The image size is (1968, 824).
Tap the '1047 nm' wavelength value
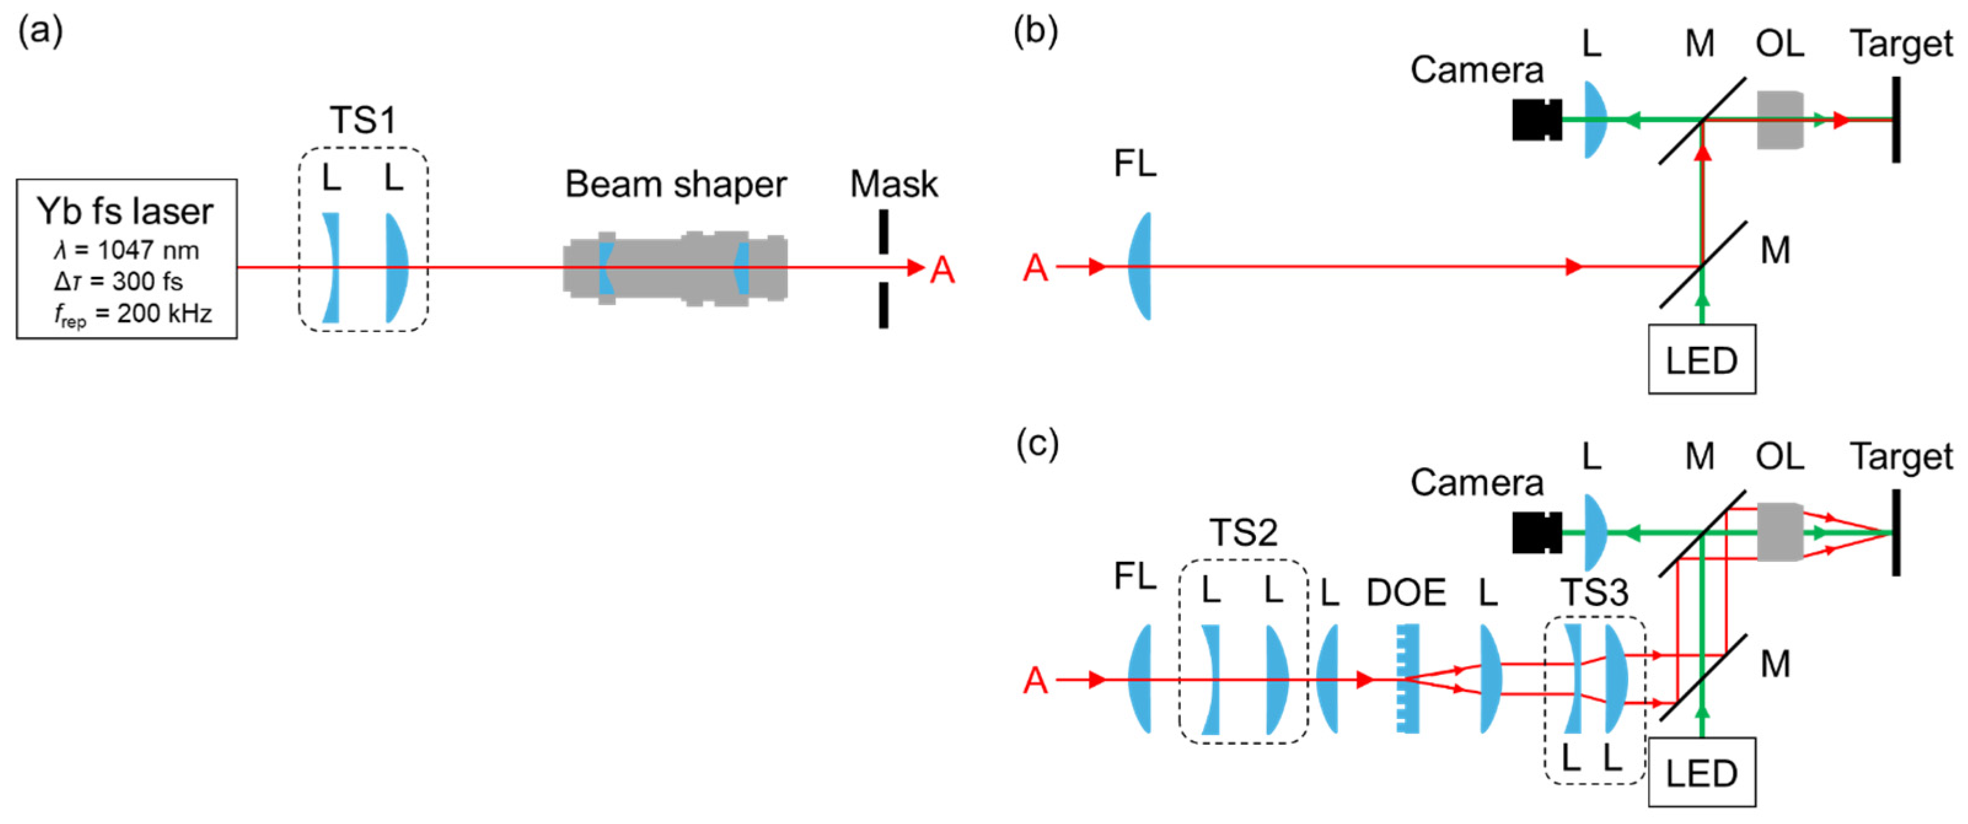(148, 251)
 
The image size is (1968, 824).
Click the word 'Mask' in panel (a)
(893, 184)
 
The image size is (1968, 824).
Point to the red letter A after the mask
(942, 270)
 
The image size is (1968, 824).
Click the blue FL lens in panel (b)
(1139, 266)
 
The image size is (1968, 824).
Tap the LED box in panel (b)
(1701, 360)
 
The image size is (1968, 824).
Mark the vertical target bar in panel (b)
(1895, 119)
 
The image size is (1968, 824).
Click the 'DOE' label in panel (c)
(1406, 593)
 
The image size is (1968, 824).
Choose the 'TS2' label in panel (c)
(1243, 532)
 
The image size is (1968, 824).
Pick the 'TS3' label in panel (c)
(1594, 593)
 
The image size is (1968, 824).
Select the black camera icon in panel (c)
(1535, 533)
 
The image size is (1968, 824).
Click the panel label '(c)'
(1037, 444)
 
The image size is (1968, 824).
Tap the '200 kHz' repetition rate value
(164, 313)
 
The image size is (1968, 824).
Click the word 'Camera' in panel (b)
(1476, 70)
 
